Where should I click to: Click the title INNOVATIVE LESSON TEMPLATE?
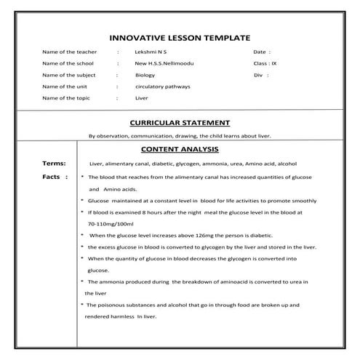point(179,37)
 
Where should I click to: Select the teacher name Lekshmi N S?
point(151,52)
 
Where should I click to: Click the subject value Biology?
point(145,75)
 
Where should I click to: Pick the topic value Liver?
point(142,97)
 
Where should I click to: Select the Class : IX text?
point(264,64)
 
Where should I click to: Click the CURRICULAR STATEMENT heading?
point(179,123)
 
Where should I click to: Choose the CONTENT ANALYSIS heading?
point(180,149)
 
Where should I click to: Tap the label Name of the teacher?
point(70,52)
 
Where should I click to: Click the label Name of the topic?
point(67,97)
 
